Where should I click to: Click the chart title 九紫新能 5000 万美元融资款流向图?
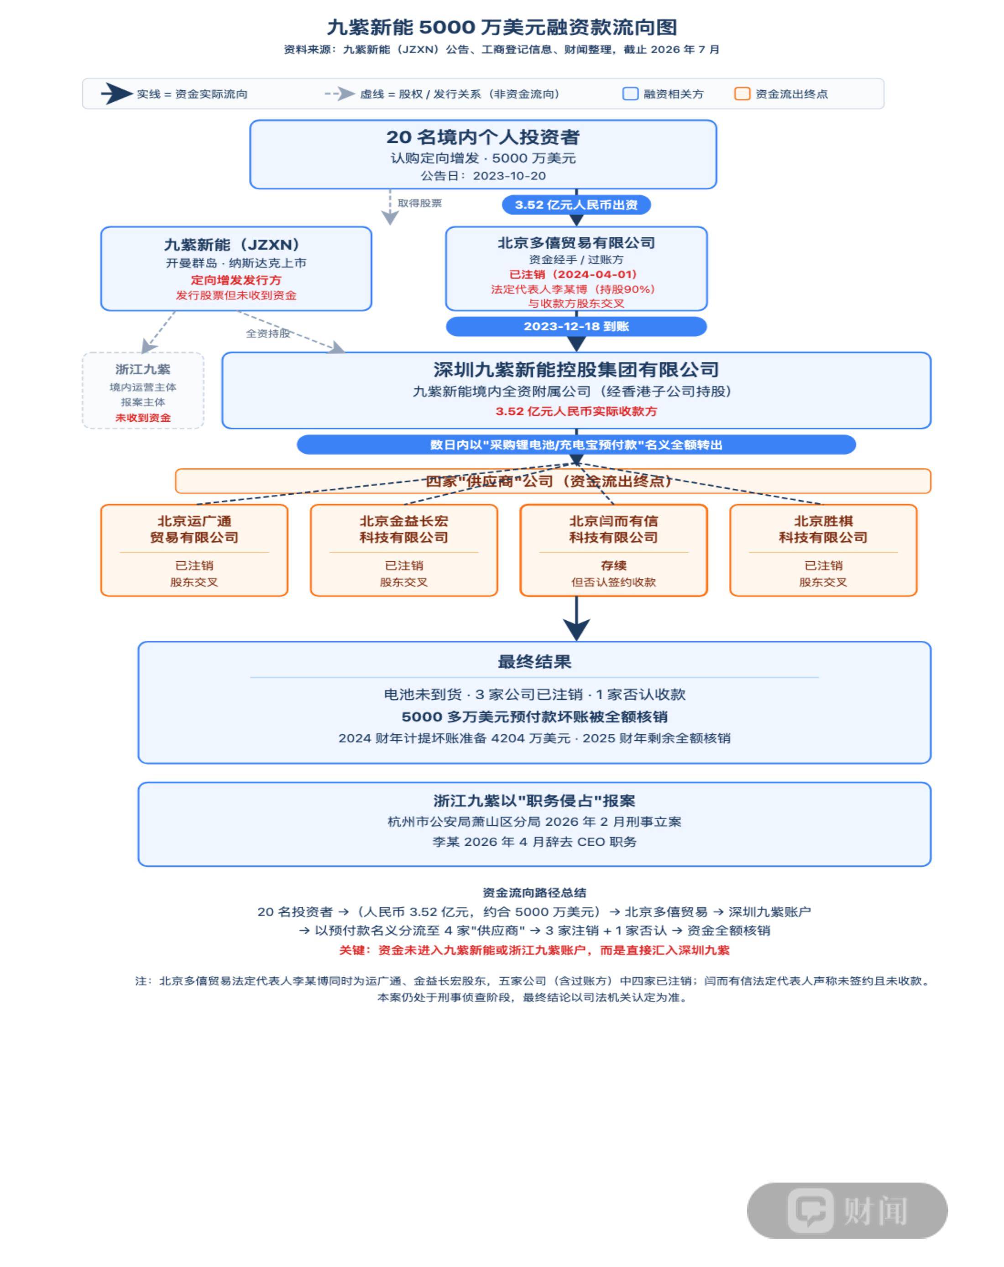(x=502, y=27)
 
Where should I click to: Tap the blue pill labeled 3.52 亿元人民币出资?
(x=576, y=204)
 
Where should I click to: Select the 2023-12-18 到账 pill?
(x=576, y=326)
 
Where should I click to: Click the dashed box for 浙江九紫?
(x=143, y=390)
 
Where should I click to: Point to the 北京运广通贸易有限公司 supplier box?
(x=194, y=550)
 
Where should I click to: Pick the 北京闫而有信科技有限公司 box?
(x=613, y=550)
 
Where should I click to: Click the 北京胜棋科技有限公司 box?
(x=823, y=550)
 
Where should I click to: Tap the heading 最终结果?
(x=534, y=662)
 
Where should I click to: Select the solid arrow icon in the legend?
(x=116, y=94)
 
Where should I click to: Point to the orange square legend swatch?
(x=742, y=94)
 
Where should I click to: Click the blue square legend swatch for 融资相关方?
(x=630, y=94)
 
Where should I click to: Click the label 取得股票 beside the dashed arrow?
(x=419, y=203)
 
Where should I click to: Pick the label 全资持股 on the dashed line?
(x=268, y=333)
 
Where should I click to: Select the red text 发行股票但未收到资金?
(x=235, y=295)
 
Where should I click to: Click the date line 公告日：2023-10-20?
(x=483, y=176)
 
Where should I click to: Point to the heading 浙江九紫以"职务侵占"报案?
(x=534, y=801)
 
